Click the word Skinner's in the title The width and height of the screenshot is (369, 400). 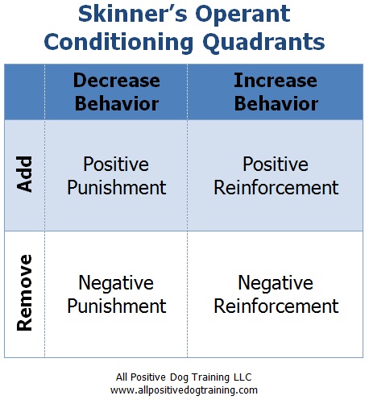coord(132,14)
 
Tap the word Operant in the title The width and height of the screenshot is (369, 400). coord(243,15)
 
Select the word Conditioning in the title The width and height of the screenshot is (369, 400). coord(118,43)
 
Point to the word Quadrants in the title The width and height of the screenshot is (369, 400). coord(264,43)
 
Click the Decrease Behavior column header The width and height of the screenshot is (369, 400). coord(117,92)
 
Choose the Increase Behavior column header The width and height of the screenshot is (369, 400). coord(276,92)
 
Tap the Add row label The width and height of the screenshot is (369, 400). coord(24,174)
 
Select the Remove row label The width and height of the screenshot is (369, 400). coord(24,293)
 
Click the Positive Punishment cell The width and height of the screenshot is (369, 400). coord(117,176)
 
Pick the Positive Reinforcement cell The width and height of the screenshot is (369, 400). coord(276,176)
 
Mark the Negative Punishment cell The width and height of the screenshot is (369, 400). coord(117,294)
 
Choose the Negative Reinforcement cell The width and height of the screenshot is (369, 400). coord(276,294)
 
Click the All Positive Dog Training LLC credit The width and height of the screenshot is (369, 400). coord(184,377)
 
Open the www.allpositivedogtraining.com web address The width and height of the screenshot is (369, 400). coord(184,390)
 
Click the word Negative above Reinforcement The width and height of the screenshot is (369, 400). coord(276,283)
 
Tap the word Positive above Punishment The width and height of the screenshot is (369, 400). coord(116,164)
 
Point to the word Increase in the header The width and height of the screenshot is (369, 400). coord(276,81)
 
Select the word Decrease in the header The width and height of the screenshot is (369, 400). coord(117,81)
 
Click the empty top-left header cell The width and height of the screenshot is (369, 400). coord(24,92)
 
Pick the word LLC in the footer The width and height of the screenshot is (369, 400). coord(243,377)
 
